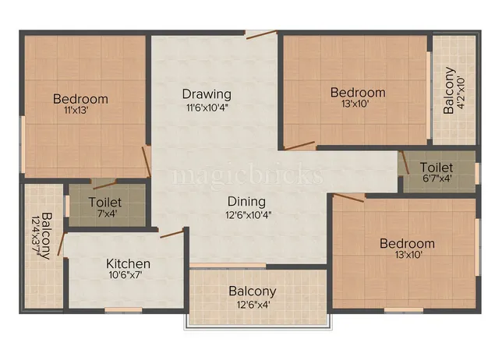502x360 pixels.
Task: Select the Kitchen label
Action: tap(128, 263)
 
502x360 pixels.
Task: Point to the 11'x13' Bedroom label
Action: tap(80, 99)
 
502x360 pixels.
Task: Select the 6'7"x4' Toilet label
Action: tap(437, 168)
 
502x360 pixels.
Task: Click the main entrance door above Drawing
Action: tap(260, 34)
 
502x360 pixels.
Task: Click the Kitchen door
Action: tap(171, 233)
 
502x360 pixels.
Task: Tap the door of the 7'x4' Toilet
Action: tap(104, 185)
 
